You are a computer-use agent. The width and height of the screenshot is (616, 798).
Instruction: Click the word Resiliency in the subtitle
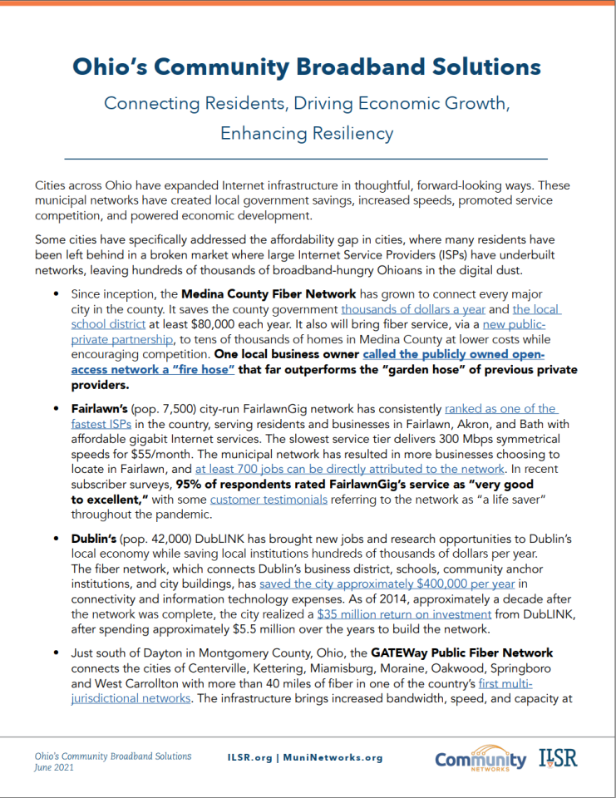tap(348, 133)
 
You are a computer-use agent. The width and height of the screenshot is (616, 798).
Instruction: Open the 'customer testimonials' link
tap(269, 499)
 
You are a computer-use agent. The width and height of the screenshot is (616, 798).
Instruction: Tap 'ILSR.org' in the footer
tap(251, 757)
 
